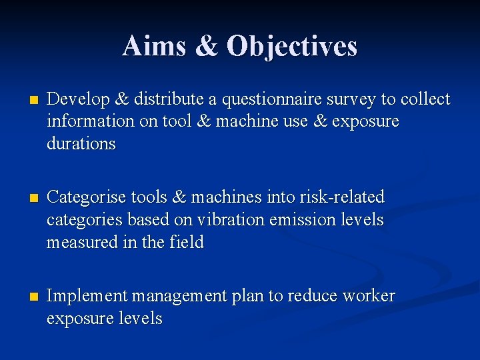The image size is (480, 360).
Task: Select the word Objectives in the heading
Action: tap(292, 46)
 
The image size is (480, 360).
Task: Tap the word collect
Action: tap(425, 100)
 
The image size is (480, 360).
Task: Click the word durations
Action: tap(81, 144)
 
